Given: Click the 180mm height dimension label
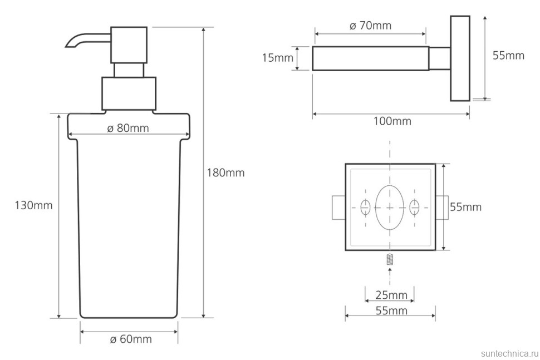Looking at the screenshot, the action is pyautogui.click(x=225, y=172).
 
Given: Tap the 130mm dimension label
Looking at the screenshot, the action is pyautogui.click(x=34, y=205).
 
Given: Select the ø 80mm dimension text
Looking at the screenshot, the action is pyautogui.click(x=128, y=128).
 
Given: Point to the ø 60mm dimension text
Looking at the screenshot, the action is pyautogui.click(x=131, y=339).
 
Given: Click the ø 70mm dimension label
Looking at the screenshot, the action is pyautogui.click(x=370, y=26).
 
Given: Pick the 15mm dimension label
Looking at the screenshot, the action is pyautogui.click(x=278, y=58).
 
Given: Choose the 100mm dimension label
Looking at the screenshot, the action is pyautogui.click(x=392, y=121).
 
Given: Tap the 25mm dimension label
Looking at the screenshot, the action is pyautogui.click(x=391, y=295).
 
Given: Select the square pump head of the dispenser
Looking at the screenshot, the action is pyautogui.click(x=129, y=45).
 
